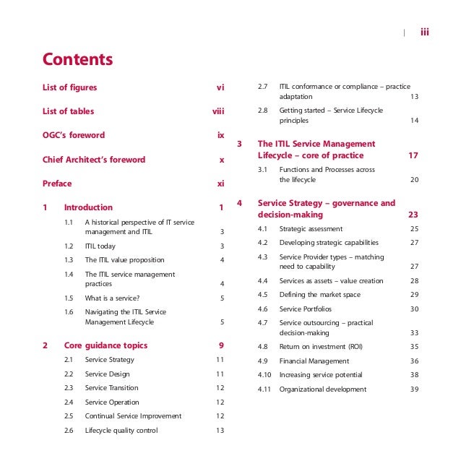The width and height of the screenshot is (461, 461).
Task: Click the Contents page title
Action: point(78,59)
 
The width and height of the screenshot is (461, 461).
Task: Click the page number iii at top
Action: point(425,31)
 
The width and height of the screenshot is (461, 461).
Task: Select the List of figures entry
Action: point(69,87)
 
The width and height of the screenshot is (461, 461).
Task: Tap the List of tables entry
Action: point(68,111)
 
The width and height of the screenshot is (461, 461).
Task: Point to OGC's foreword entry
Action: point(74,135)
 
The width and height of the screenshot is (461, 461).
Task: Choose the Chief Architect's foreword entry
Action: point(94,160)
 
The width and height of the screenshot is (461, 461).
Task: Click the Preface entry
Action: point(57,184)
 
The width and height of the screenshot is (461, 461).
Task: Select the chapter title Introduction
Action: point(88,207)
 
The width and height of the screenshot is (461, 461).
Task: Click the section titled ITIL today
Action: point(100,246)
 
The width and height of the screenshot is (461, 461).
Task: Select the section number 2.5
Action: point(69,416)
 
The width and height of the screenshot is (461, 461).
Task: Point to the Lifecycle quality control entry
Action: point(121,431)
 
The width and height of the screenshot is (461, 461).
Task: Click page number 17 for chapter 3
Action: point(413,155)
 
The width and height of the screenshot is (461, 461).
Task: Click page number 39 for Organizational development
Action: point(414,389)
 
